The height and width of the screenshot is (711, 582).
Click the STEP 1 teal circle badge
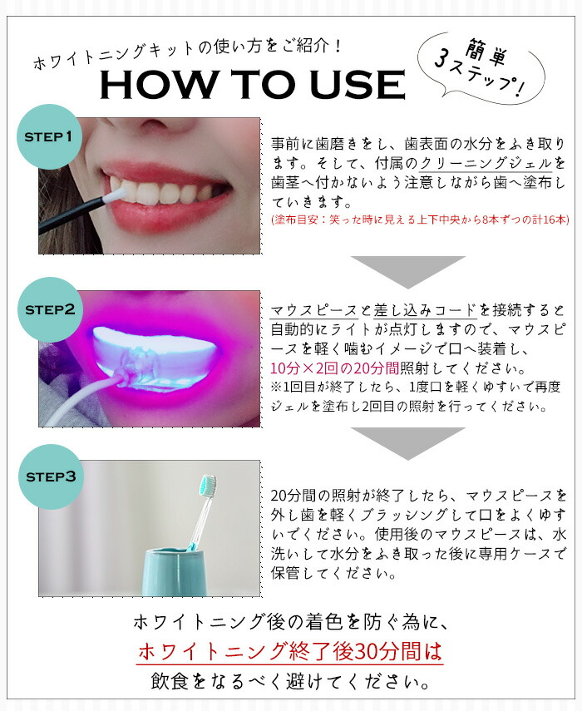tap(49, 137)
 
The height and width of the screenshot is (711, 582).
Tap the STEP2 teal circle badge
tap(51, 309)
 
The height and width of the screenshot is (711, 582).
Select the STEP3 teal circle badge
tap(52, 476)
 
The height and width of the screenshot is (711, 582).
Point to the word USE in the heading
tap(358, 84)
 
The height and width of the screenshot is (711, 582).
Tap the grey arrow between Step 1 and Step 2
tap(407, 272)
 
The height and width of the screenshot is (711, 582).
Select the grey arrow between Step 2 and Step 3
tap(407, 443)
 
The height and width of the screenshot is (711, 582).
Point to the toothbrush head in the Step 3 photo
tap(207, 485)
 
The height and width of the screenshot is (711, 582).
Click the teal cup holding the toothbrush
tap(175, 571)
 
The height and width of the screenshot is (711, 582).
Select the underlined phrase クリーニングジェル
tap(486, 163)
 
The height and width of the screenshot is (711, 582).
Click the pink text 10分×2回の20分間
tap(334, 368)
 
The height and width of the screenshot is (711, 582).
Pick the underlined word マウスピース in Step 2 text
tap(314, 311)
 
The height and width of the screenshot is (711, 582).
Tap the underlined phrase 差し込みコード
tap(425, 311)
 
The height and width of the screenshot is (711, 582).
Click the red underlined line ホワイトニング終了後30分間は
tap(289, 651)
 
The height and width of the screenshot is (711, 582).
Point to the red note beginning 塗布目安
tap(420, 220)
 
